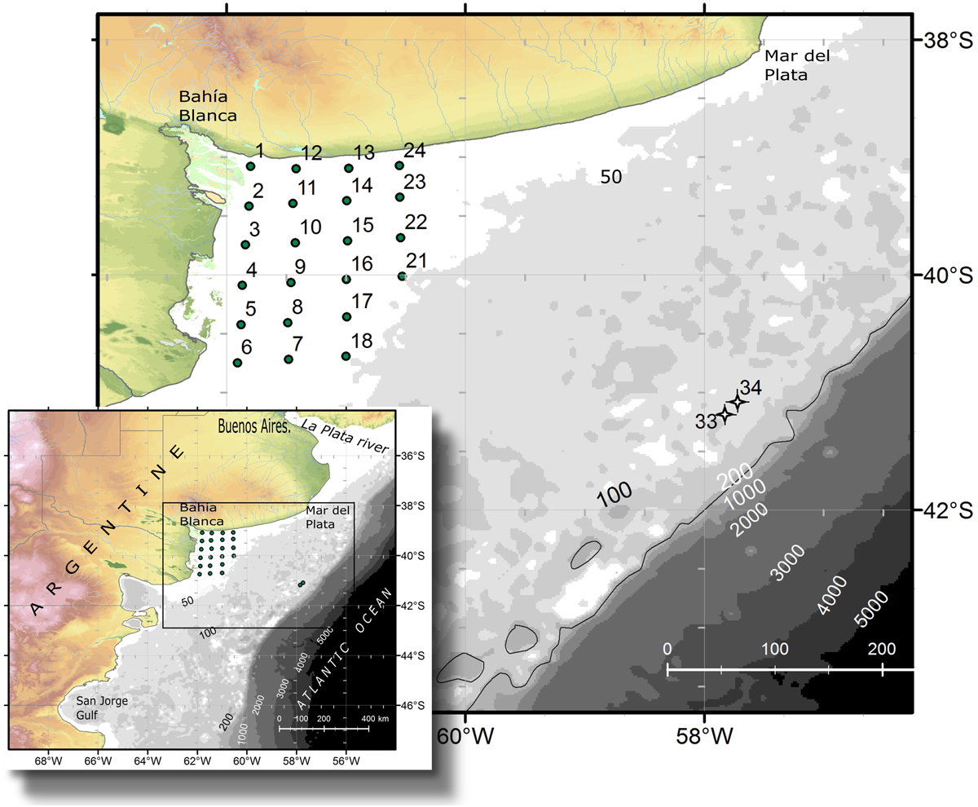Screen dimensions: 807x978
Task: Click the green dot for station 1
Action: (x=251, y=166)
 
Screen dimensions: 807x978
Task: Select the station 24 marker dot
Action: (x=399, y=165)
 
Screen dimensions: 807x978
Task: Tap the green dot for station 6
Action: (x=237, y=363)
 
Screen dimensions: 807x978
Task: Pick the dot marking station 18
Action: (x=346, y=356)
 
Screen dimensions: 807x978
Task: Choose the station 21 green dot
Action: (x=402, y=276)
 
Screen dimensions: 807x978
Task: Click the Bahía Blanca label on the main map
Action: (x=208, y=106)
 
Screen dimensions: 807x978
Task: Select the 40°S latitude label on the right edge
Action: (x=945, y=276)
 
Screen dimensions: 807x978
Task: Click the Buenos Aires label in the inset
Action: (x=254, y=426)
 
